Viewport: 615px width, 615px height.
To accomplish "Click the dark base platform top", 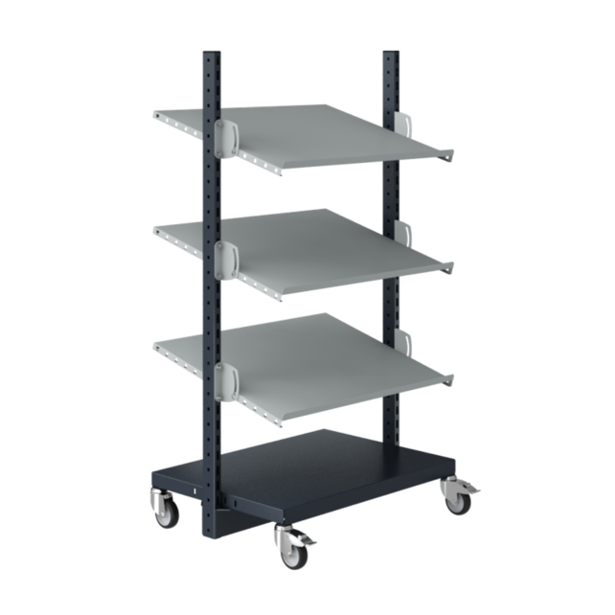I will click(x=326, y=460).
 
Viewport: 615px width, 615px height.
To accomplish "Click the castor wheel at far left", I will click(x=160, y=513).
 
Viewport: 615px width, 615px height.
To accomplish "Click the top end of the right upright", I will click(x=388, y=53).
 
